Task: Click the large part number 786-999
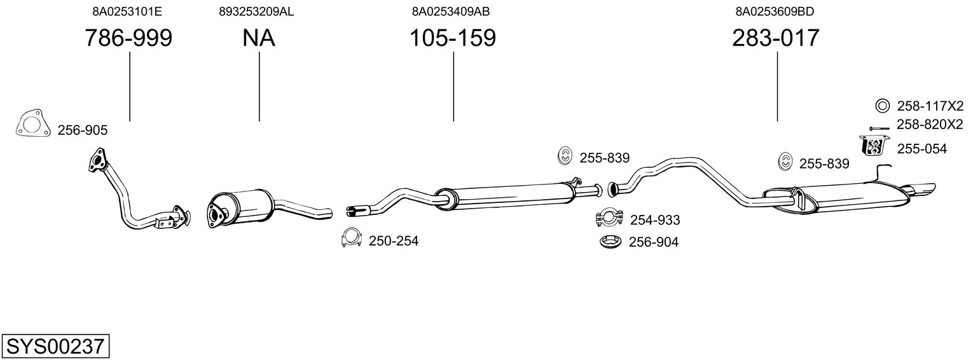click(128, 38)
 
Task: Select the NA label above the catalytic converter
click(259, 38)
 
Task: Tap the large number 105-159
click(452, 38)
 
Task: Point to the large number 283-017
click(776, 38)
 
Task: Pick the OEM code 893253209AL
click(256, 11)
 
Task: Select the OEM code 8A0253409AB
click(451, 11)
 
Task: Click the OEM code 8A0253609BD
click(775, 11)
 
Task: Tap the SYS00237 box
click(55, 347)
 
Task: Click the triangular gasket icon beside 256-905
click(32, 125)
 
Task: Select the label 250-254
click(394, 241)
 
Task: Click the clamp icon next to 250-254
click(352, 237)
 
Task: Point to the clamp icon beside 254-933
click(609, 218)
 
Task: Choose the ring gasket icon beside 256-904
click(611, 242)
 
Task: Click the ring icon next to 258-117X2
click(883, 106)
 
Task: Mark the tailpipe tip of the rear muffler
click(923, 190)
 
